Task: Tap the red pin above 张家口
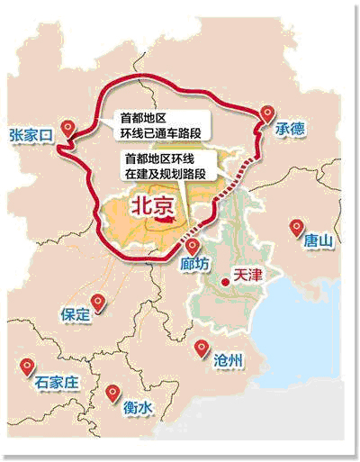coord(68,127)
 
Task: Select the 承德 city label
coord(290,130)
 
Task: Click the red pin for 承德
coord(267,113)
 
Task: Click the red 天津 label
coord(247,275)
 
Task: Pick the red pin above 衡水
coord(112,393)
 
